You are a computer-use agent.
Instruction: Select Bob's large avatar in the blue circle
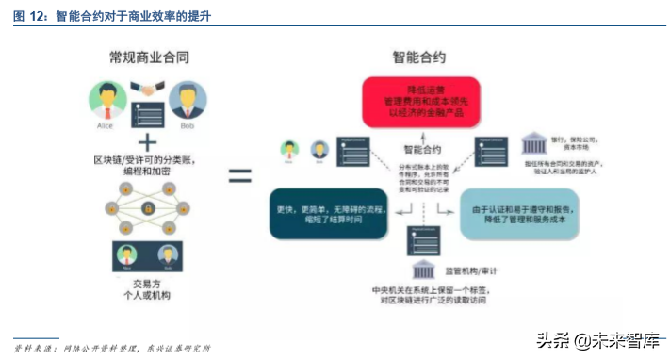tap(188, 98)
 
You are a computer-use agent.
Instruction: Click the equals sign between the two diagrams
tap(241, 174)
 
